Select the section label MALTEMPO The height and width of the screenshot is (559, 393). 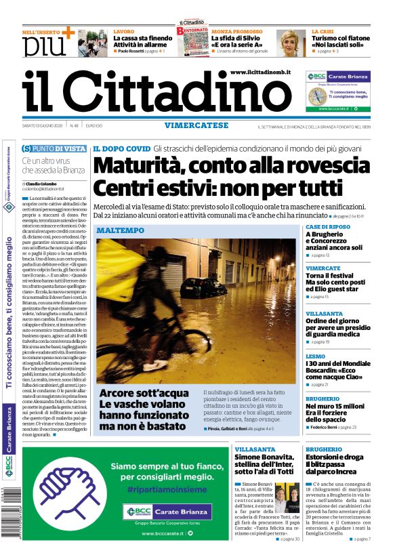120,230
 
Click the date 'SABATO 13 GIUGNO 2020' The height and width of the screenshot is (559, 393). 51,125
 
